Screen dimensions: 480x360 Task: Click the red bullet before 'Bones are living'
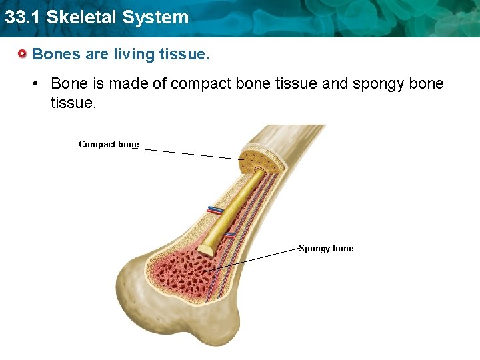click(x=23, y=53)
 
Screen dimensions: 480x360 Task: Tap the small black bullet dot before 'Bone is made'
click(x=39, y=84)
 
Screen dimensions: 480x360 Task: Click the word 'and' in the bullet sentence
click(x=335, y=83)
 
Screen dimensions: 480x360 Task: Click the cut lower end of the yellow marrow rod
click(x=205, y=249)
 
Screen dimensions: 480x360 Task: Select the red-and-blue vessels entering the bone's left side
click(x=215, y=210)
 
